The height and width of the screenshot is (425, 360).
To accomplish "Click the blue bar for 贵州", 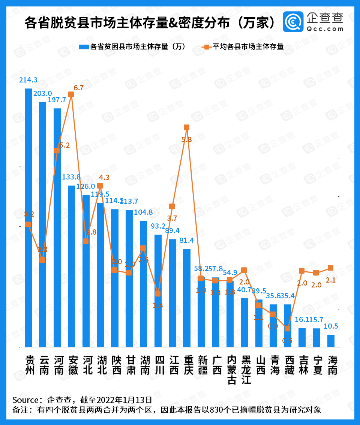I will (x=28, y=217).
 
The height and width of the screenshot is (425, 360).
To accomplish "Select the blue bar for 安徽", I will (x=71, y=266).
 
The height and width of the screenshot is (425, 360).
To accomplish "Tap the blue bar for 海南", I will (x=331, y=341).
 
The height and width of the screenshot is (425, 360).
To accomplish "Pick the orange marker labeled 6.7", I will (x=71, y=94).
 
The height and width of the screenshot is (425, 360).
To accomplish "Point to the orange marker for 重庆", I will (x=186, y=127).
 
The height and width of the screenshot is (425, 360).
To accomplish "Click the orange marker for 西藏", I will (x=287, y=328).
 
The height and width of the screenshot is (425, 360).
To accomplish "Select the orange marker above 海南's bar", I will (x=330, y=268).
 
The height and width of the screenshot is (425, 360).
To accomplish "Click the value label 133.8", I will (x=70, y=177).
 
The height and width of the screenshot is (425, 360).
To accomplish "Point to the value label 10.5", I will (x=331, y=326).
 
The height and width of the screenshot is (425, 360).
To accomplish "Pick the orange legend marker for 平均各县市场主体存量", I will (x=206, y=47).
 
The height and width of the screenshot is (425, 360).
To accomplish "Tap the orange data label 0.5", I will (x=287, y=341).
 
